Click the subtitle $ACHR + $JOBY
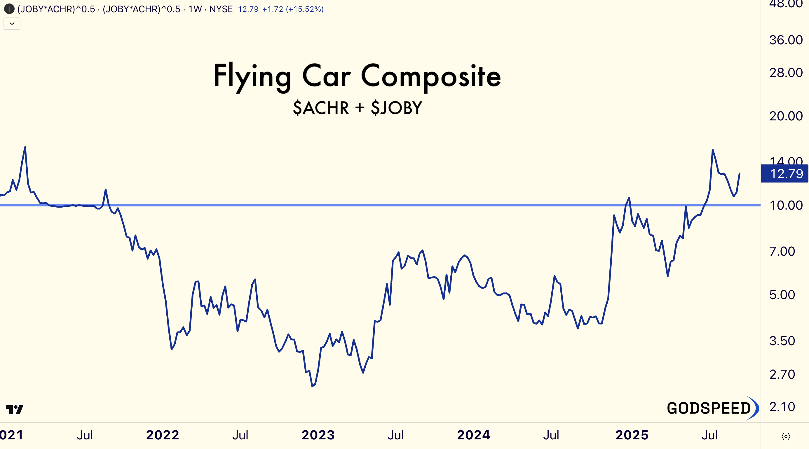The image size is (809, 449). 358,108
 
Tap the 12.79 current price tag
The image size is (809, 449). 784,173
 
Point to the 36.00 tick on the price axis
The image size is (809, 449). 786,40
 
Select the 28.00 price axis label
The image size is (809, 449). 786,73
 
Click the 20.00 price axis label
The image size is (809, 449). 786,116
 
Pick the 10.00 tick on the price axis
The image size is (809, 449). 786,205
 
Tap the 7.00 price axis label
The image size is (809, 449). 782,251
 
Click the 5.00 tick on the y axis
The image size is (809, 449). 782,295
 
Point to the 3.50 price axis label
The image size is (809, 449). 782,341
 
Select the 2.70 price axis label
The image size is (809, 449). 782,374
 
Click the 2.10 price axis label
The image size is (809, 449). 782,407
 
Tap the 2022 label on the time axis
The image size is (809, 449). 163,435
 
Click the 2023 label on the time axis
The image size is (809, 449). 318,435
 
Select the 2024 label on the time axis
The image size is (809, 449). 474,435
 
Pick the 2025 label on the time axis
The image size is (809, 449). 632,435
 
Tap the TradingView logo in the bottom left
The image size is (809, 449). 15,409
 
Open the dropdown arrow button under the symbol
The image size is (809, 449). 12,24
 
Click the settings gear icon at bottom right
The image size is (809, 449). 786,436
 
